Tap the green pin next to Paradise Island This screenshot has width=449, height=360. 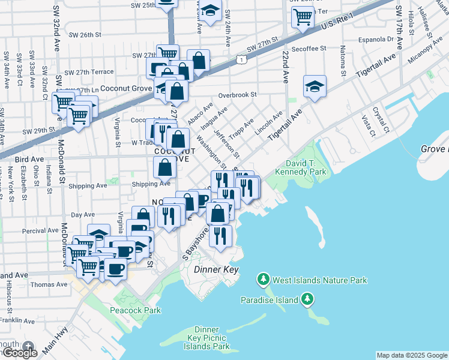(307, 299)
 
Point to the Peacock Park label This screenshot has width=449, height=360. (135, 310)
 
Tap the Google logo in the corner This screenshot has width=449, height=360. (19, 352)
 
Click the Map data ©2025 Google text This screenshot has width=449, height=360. (411, 355)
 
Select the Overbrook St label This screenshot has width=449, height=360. (238, 94)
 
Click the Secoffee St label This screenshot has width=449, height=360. (308, 49)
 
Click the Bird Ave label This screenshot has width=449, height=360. (30, 160)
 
